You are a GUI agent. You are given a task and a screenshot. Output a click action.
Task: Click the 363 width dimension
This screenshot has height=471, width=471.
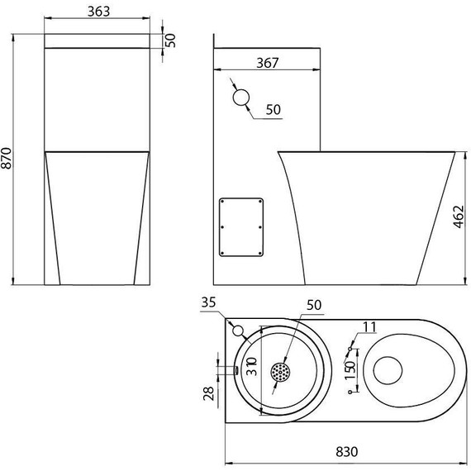pyautogui.click(x=99, y=12)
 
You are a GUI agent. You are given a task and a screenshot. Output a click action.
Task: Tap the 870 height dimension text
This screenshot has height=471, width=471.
pyautogui.click(x=7, y=159)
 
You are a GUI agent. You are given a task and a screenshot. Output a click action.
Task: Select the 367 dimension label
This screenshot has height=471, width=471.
pyautogui.click(x=268, y=63)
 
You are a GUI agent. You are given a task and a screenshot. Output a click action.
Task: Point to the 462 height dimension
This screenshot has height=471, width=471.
pyautogui.click(x=459, y=216)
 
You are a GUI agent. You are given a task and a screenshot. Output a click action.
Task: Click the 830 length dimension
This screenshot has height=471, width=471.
pyautogui.click(x=347, y=452)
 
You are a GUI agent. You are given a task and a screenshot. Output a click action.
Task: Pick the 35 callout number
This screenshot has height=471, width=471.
pyautogui.click(x=208, y=302)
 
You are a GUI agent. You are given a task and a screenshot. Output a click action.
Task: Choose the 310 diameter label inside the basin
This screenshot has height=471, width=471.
pyautogui.click(x=252, y=366)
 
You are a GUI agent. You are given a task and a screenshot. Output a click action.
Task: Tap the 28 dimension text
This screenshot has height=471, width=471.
pyautogui.click(x=208, y=393)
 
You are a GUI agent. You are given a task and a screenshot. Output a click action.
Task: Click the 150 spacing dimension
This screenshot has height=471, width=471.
pyautogui.click(x=350, y=370)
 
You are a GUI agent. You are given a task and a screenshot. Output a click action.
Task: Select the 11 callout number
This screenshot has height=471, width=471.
pyautogui.click(x=369, y=327)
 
